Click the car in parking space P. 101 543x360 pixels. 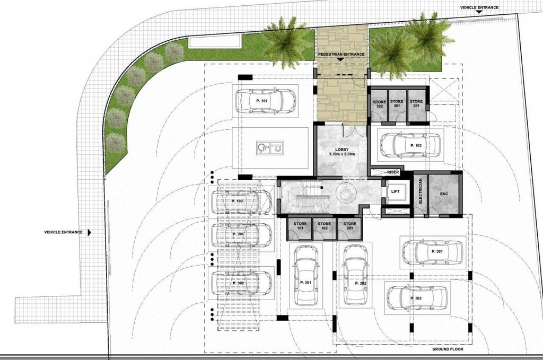tap(266, 100)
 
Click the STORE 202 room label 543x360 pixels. tap(379, 104)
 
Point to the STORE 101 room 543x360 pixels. tap(300, 229)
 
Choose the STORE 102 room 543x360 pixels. tap(324, 229)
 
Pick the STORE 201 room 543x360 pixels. tap(350, 229)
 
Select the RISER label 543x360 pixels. tap(393, 172)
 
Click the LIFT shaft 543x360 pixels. tap(395, 191)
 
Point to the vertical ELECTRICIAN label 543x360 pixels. tap(421, 191)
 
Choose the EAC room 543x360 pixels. tap(444, 194)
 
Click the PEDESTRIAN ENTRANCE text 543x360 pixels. tap(341, 55)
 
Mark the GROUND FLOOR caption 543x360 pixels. tap(448, 349)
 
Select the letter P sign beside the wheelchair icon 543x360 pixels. tap(277, 148)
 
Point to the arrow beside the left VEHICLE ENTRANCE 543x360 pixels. tap(89, 232)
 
